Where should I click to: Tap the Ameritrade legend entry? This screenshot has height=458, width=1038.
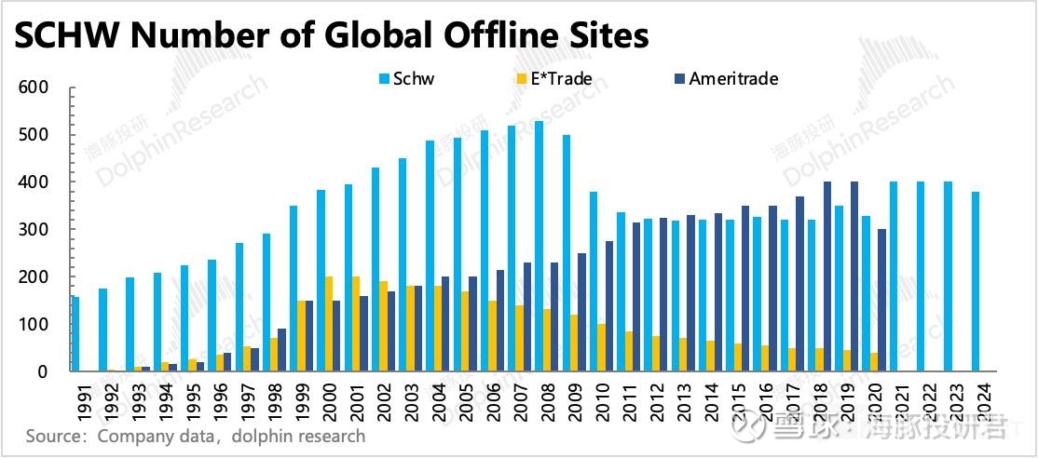click(732, 79)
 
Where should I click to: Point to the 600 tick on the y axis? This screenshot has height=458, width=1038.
click(33, 88)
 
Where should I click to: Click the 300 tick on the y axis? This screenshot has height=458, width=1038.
click(33, 230)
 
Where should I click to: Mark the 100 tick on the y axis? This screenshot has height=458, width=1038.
click(33, 325)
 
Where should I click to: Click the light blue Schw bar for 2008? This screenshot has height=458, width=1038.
click(539, 246)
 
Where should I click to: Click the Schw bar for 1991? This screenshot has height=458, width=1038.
click(75, 333)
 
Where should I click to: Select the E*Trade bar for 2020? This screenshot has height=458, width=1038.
click(873, 362)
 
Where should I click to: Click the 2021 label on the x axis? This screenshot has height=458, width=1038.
click(894, 401)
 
